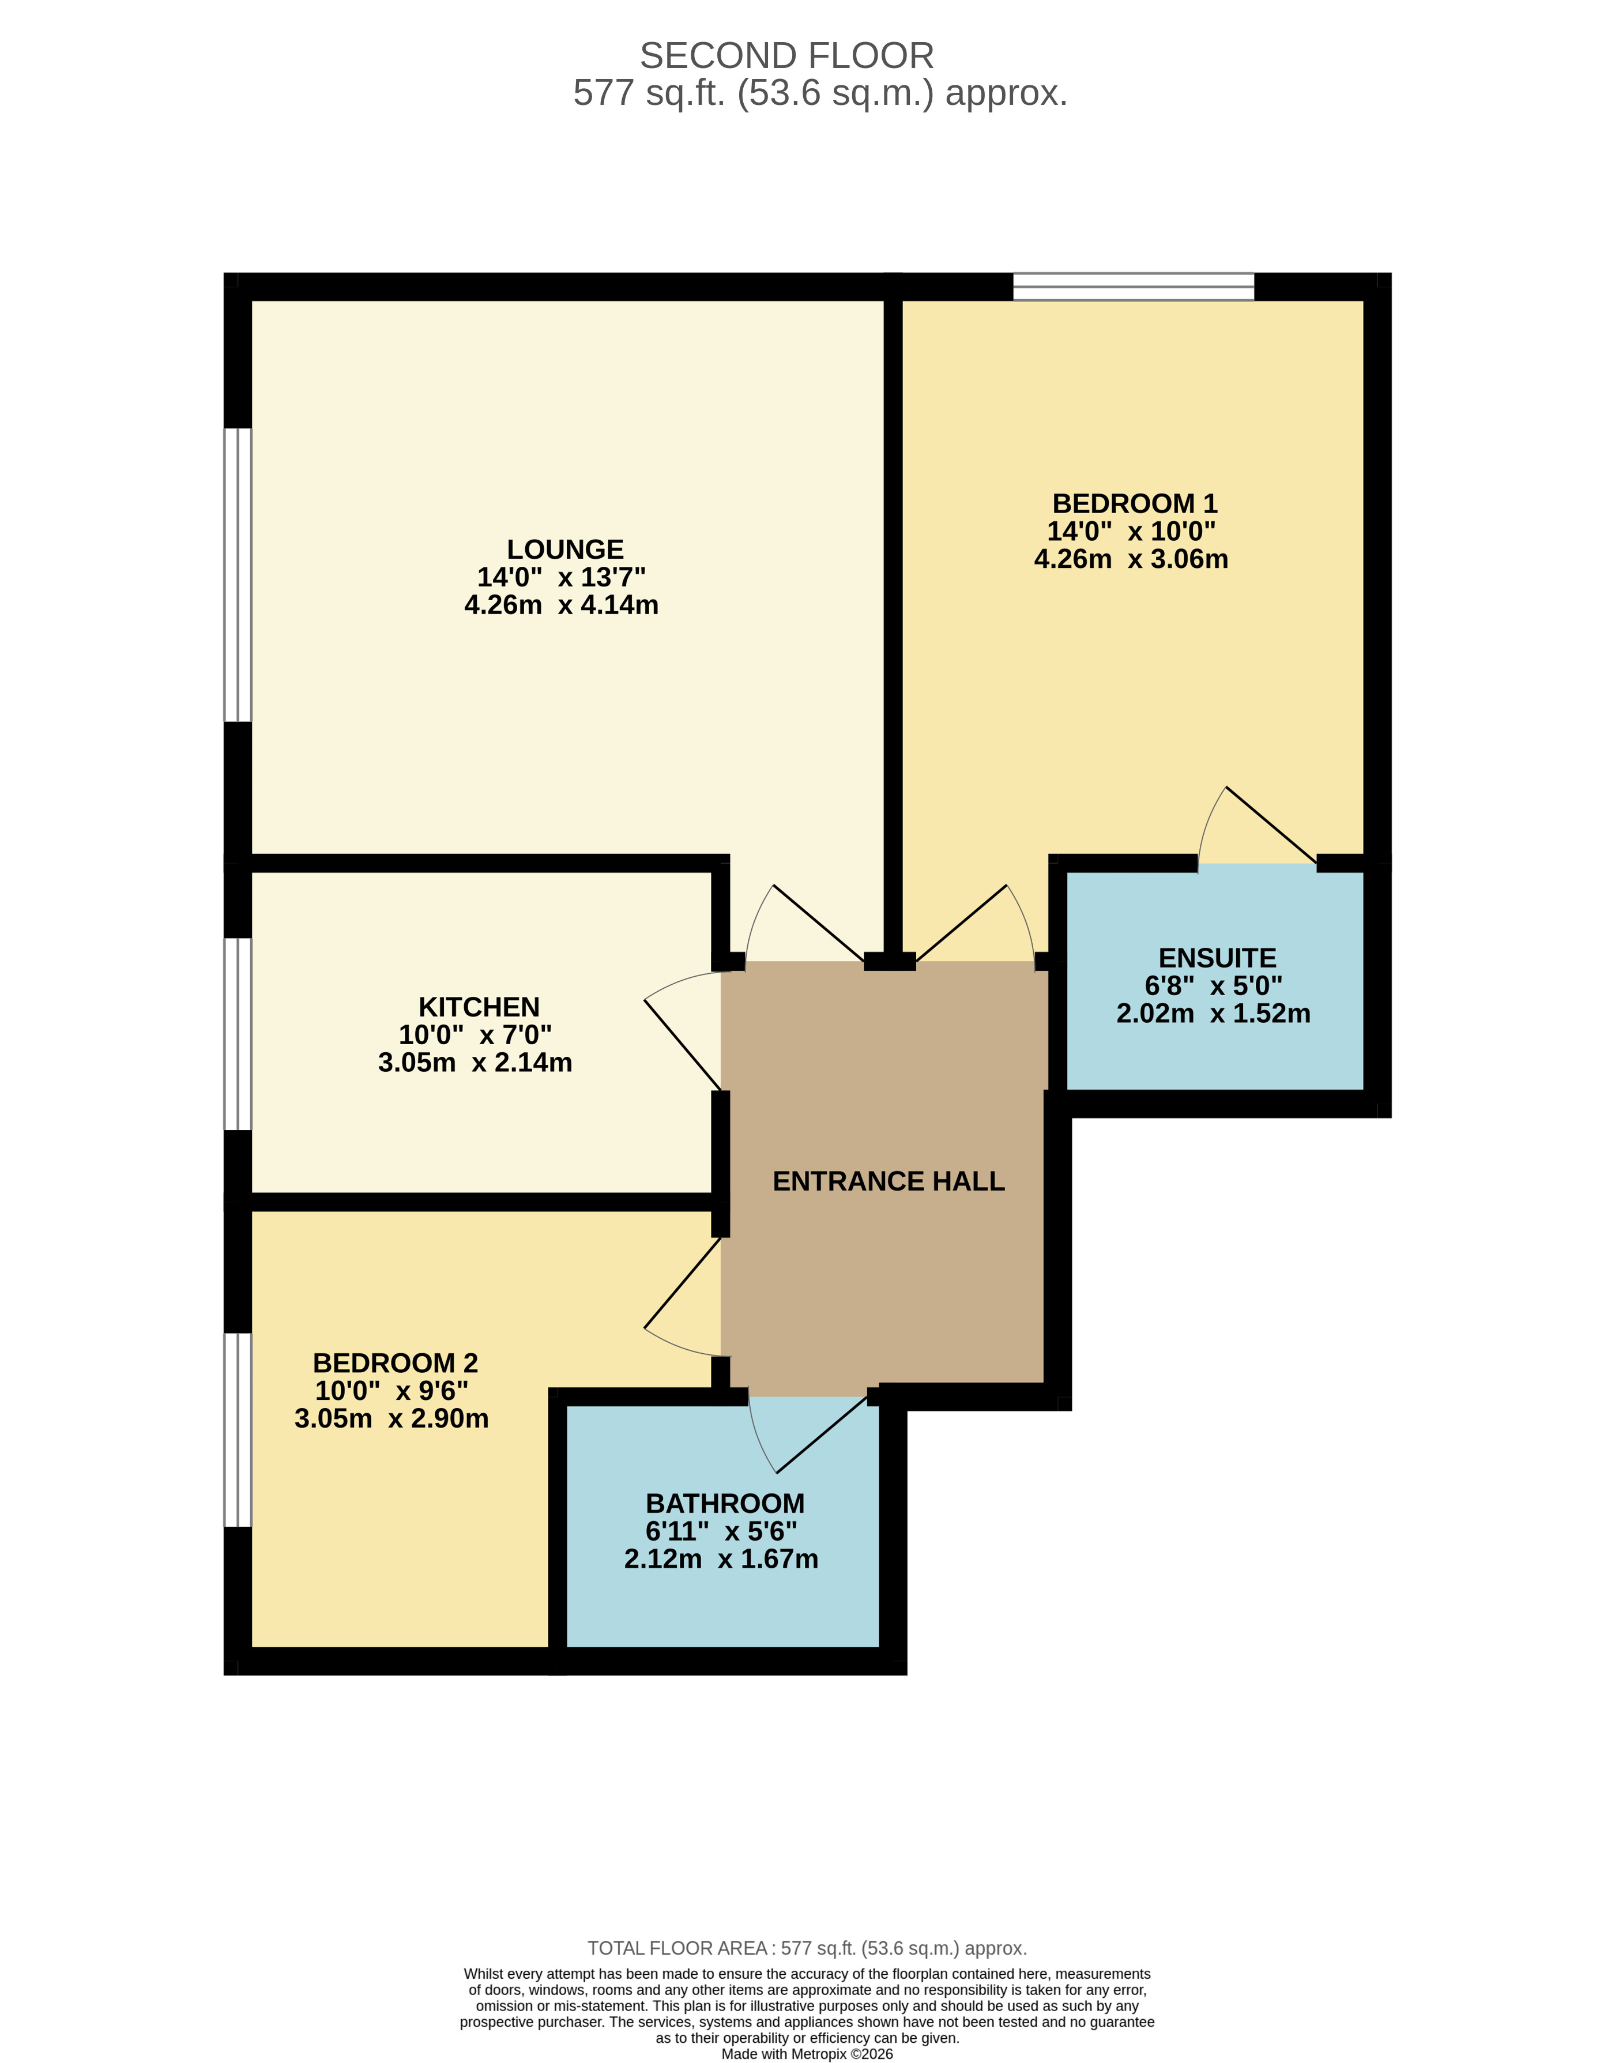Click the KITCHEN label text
coord(479,1007)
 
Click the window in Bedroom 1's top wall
coord(1133,287)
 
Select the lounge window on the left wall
coord(238,575)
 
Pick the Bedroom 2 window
coord(238,1429)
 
